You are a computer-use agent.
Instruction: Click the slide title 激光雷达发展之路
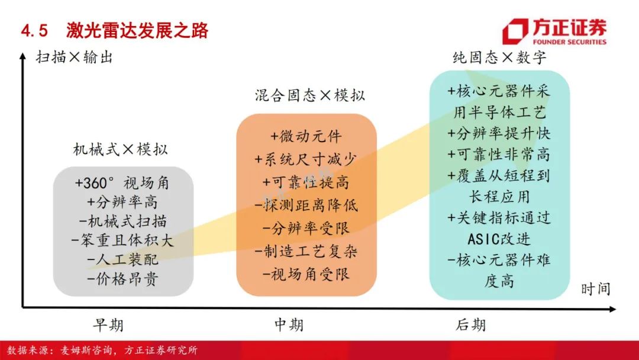(137, 31)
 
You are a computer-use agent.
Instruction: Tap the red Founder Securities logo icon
(515, 31)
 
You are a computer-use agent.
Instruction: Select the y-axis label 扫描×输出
(74, 57)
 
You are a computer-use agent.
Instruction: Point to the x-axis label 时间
(595, 289)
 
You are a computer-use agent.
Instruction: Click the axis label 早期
(108, 325)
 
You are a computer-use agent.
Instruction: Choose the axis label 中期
(289, 324)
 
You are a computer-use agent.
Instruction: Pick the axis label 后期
(471, 324)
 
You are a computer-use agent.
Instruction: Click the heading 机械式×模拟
(120, 149)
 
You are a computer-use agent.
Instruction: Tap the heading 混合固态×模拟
(309, 95)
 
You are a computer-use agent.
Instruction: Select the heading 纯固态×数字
(499, 57)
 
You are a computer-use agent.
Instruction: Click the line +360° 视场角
(122, 183)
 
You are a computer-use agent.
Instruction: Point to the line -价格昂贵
(122, 279)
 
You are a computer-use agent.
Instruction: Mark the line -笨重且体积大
(122, 240)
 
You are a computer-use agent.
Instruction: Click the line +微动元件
(306, 136)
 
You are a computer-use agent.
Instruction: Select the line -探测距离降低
(306, 205)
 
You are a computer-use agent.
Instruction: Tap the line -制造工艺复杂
(306, 252)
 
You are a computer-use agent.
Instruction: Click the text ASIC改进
(499, 239)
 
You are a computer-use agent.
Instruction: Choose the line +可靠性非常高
(499, 155)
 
